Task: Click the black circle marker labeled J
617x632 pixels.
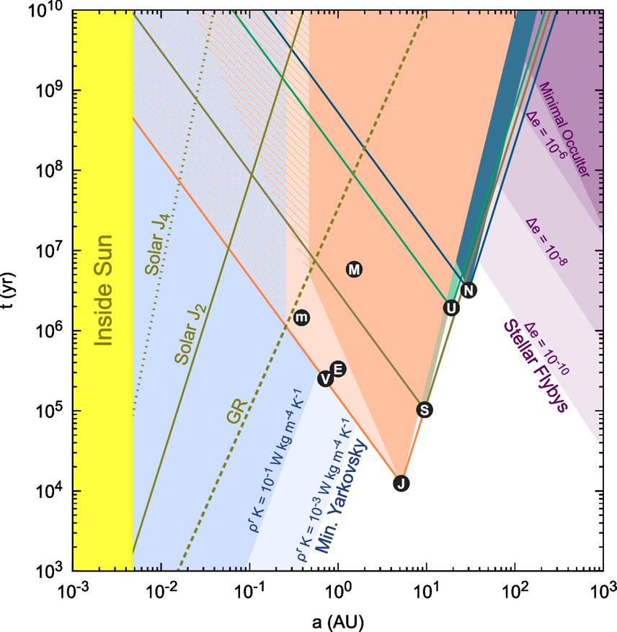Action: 401,484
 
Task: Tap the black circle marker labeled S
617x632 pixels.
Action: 425,409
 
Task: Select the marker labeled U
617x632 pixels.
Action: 451,308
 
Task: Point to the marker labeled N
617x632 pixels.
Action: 469,290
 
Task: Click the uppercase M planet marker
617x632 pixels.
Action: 354,270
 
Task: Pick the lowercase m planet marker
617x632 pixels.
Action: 302,317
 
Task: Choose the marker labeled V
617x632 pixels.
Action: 326,379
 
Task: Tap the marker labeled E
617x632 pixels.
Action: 337,369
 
